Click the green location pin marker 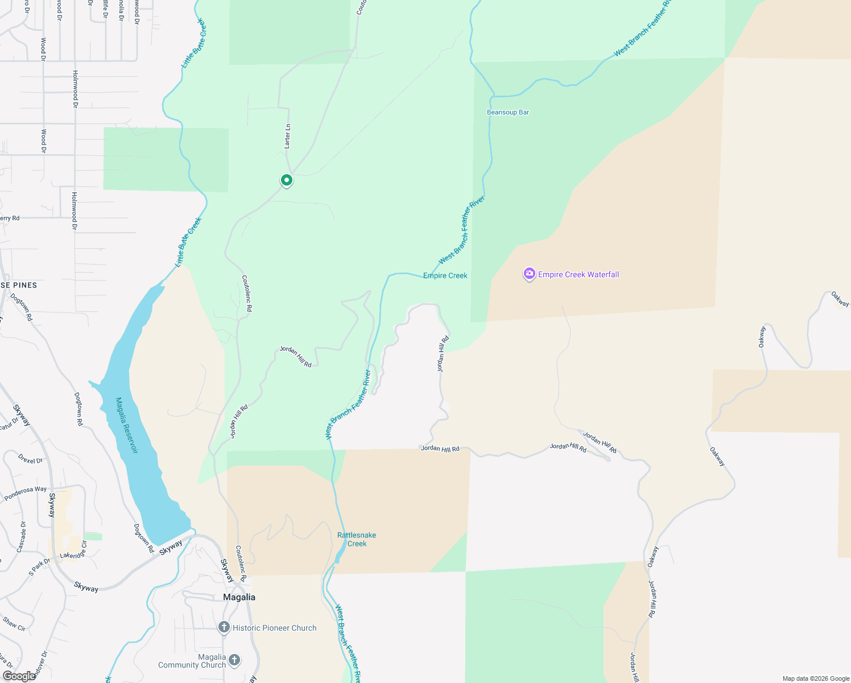click(287, 180)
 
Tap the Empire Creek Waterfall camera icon click(530, 274)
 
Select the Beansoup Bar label click(508, 112)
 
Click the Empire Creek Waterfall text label click(579, 274)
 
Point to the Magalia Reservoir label click(126, 425)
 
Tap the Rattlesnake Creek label click(357, 539)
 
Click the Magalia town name click(239, 597)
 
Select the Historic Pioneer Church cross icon click(224, 627)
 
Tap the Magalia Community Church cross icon click(234, 660)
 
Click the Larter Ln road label click(288, 136)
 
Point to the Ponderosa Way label click(26, 493)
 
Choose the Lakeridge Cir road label click(73, 551)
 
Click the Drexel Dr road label click(30, 459)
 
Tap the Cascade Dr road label click(22, 537)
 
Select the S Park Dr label click(39, 566)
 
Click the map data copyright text click(816, 678)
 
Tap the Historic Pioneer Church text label click(275, 628)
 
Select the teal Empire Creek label click(445, 275)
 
